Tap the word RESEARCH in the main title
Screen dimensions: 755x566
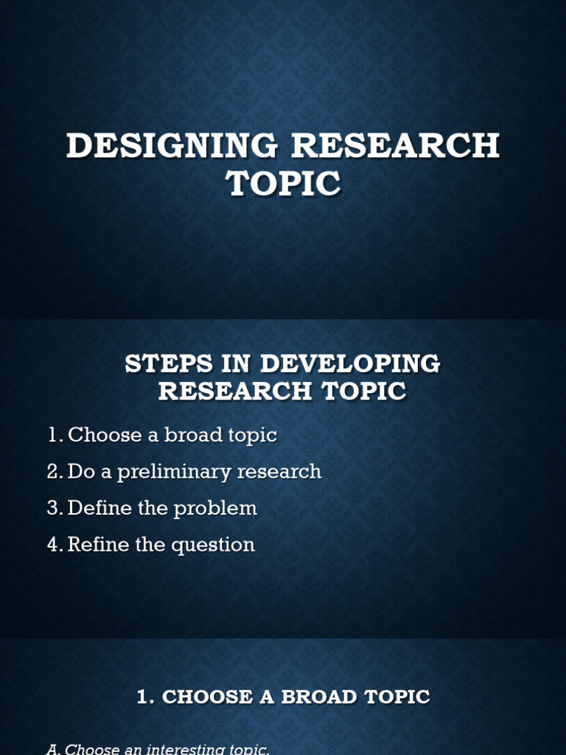pyautogui.click(x=396, y=146)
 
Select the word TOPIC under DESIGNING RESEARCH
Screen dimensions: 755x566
pyautogui.click(x=284, y=184)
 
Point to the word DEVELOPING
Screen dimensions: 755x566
pyautogui.click(x=351, y=363)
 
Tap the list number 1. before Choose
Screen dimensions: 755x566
pyautogui.click(x=55, y=435)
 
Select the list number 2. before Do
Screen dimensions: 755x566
pyautogui.click(x=55, y=472)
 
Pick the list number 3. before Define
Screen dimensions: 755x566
pyautogui.click(x=55, y=509)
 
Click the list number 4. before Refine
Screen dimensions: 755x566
pyautogui.click(x=55, y=546)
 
